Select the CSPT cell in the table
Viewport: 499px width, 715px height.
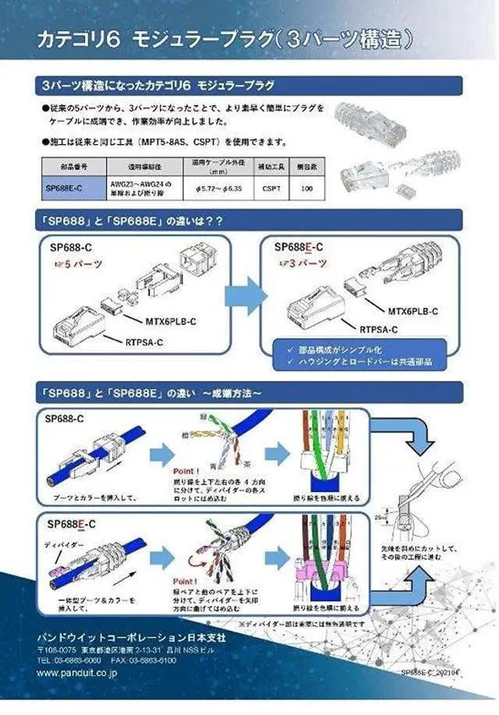click(272, 188)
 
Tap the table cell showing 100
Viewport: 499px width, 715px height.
click(306, 188)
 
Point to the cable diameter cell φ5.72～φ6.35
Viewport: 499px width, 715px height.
click(216, 188)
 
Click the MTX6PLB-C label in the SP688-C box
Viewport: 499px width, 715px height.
click(172, 321)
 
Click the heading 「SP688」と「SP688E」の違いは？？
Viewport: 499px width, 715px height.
click(133, 221)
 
